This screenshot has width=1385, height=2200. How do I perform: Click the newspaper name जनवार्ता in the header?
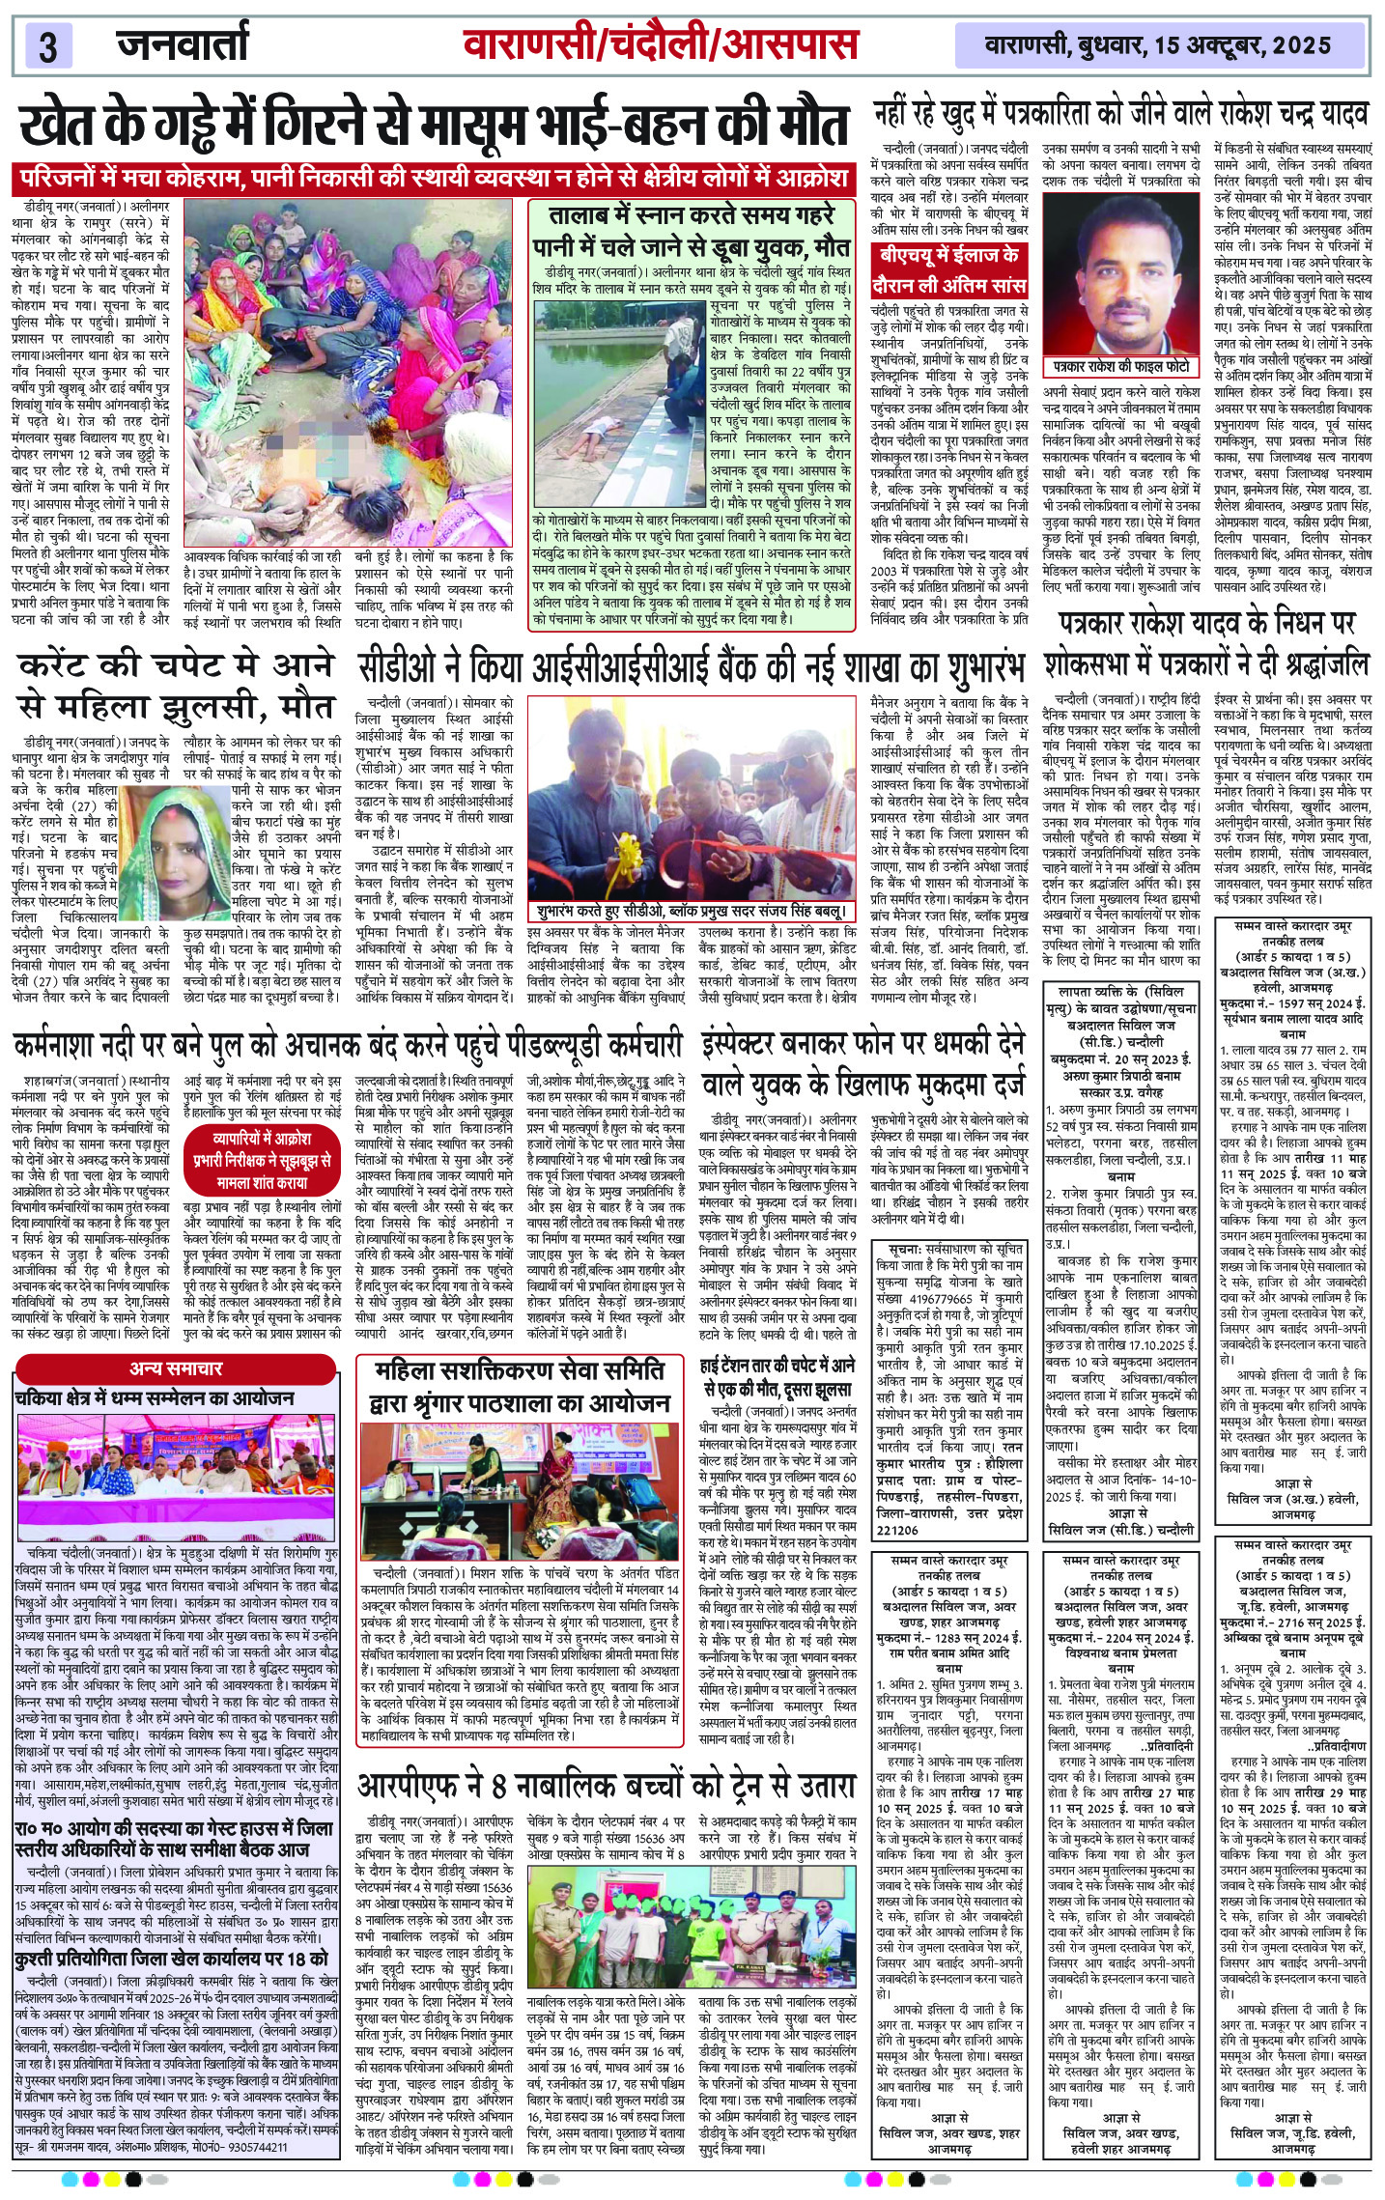click(x=183, y=44)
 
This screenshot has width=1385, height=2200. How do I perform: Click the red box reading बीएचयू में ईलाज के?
click(x=947, y=257)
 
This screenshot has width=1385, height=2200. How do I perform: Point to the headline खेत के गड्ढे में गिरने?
click(x=435, y=128)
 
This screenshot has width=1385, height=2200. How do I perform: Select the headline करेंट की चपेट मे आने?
click(x=175, y=686)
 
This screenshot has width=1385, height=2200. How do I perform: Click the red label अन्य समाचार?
click(x=176, y=1368)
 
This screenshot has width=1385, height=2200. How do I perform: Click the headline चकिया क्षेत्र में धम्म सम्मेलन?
click(x=155, y=1397)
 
